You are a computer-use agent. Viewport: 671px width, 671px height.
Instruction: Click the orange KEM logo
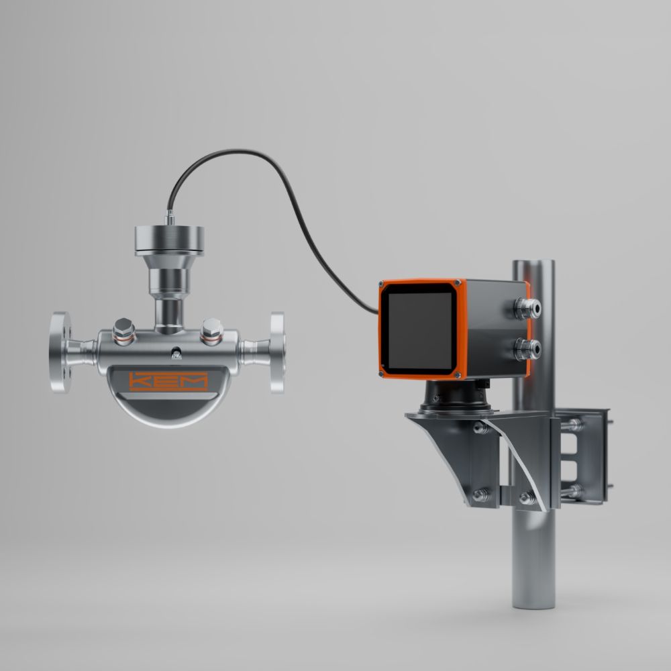(168, 381)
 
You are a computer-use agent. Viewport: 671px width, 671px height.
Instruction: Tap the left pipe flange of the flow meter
(60, 352)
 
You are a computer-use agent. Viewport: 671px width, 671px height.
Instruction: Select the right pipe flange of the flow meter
(277, 352)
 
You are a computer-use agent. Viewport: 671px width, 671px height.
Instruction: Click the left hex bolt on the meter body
(124, 331)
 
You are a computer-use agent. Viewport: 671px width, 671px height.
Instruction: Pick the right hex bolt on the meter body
(212, 331)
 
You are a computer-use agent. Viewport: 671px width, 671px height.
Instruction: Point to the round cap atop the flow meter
(170, 240)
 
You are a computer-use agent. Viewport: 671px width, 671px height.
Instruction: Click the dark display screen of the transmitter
(420, 331)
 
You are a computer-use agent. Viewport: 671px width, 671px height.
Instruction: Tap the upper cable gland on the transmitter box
(527, 309)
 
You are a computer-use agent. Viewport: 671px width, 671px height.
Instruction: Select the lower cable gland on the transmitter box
(527, 349)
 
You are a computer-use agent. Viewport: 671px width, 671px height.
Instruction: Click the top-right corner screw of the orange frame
(458, 283)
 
